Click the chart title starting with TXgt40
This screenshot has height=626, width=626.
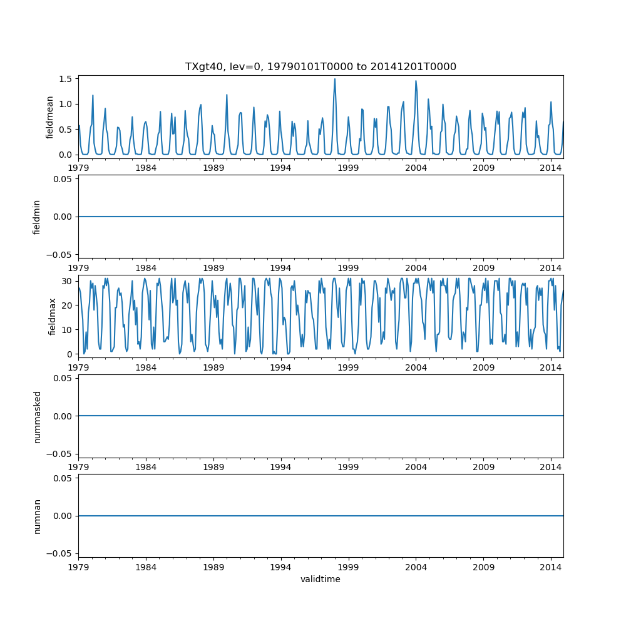tap(321, 66)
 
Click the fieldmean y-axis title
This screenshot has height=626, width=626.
tap(49, 117)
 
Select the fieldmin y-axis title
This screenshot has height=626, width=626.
tap(37, 217)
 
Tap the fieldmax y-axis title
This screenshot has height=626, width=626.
tap(53, 316)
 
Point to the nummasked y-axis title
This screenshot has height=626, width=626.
tap(37, 416)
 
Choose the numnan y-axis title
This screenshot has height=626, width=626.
tap(37, 516)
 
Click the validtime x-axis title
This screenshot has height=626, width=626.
tap(321, 580)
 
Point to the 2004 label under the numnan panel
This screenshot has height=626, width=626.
tap(416, 566)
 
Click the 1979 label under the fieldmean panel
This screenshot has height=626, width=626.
tap(78, 167)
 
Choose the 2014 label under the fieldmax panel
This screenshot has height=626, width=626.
tap(551, 366)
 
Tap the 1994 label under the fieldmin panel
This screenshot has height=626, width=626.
tap(280, 267)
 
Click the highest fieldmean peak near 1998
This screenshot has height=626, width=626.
tap(335, 80)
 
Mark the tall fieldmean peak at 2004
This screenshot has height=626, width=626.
tap(416, 81)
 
